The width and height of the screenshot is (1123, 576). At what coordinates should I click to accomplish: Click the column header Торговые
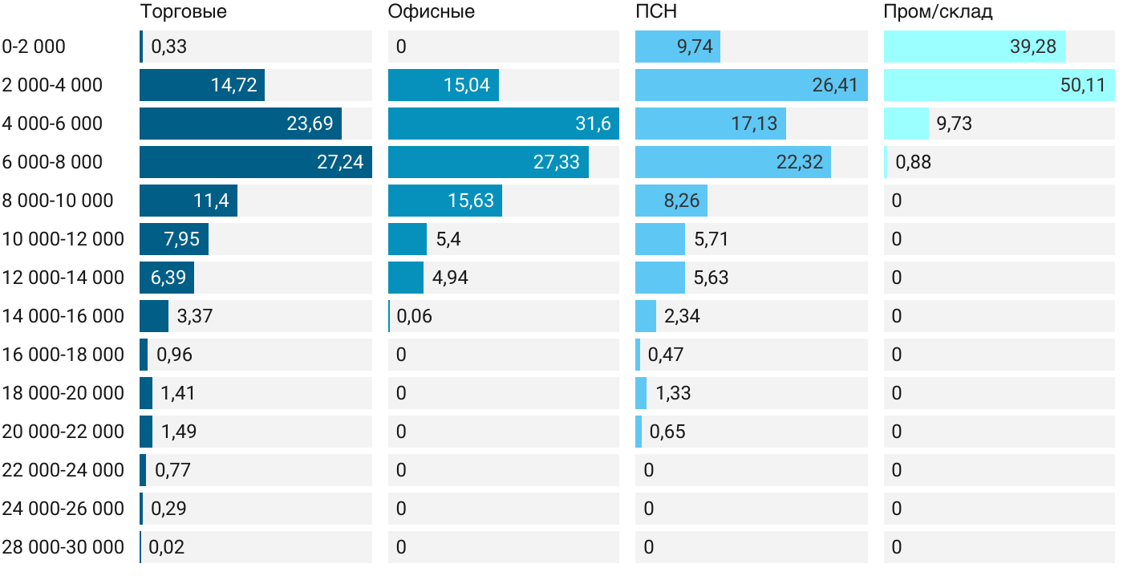(183, 12)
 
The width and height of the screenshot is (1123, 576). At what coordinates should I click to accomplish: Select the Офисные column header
(431, 12)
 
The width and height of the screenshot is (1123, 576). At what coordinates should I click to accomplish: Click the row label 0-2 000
(34, 47)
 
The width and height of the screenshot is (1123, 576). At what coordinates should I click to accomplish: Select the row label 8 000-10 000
(58, 201)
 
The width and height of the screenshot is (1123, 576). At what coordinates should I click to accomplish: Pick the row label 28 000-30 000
(63, 547)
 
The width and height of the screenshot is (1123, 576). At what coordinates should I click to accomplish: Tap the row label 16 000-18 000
(63, 355)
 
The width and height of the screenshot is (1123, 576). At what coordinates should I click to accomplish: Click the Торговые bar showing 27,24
(255, 162)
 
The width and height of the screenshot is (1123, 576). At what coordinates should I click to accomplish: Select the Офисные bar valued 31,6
(503, 124)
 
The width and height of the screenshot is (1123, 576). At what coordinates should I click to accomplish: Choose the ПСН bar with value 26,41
(751, 85)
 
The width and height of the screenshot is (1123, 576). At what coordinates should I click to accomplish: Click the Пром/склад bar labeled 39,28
(974, 47)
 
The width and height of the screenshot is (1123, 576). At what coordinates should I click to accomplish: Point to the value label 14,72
(234, 85)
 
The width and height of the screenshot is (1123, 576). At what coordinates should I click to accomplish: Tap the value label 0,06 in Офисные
(415, 316)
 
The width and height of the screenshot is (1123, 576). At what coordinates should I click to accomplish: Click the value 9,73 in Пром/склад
(955, 124)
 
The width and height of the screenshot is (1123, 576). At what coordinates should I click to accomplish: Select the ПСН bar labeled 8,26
(671, 201)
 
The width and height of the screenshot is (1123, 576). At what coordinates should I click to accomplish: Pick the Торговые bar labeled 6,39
(167, 278)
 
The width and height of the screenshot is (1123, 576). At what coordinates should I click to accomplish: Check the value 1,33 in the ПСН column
(673, 393)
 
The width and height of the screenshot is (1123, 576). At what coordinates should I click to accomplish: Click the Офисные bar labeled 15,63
(444, 201)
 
